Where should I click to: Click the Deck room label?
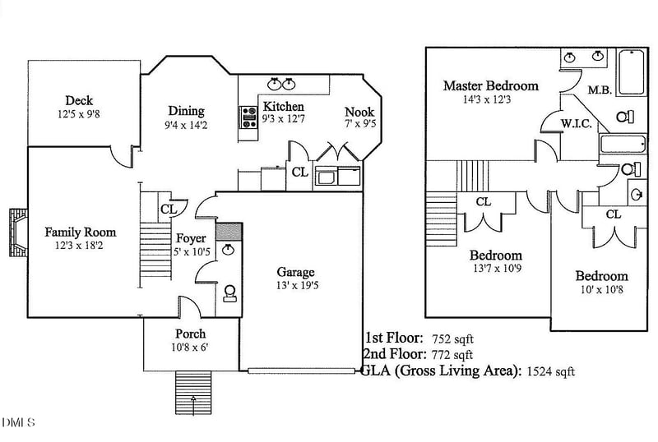pos(79,100)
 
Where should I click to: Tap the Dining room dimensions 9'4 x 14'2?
pos(186,126)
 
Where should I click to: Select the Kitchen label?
pos(283,106)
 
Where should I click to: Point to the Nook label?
pos(359,112)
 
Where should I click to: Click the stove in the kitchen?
pos(246,117)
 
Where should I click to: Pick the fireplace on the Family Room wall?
pos(17,233)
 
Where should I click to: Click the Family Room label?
pos(80,233)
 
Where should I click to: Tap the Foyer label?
pos(191,238)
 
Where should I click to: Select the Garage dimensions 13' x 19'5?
pos(294,286)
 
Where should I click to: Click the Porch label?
pos(190,334)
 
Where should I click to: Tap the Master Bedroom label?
pos(490,85)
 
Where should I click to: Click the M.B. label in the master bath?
pos(599,90)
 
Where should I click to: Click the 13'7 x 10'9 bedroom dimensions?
pos(495,269)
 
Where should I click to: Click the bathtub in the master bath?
pos(632,73)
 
